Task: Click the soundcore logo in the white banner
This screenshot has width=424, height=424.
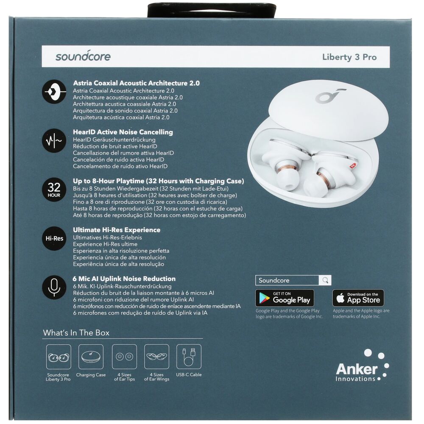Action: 83,56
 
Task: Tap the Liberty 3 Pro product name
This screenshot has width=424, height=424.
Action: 349,57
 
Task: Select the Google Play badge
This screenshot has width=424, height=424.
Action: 285,298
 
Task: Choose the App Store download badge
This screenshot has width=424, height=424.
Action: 358,298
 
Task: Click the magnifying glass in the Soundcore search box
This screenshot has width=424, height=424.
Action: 325,280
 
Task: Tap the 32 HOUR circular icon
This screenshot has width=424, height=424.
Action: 54,190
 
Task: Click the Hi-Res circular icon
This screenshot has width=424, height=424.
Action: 54,238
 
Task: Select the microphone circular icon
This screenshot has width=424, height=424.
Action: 54,287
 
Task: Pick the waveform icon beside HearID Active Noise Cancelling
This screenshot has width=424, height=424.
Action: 54,141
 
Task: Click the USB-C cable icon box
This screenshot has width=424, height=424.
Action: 189,357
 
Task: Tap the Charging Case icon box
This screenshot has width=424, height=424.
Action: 91,357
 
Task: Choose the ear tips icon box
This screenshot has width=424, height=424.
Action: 124,357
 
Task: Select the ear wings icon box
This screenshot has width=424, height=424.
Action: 156,357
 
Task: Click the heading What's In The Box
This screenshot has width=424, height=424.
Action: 76,332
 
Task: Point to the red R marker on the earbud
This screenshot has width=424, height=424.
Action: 352,166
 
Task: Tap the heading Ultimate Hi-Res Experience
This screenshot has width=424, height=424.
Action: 117,230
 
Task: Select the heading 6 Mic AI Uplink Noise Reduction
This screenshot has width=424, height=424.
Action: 124,279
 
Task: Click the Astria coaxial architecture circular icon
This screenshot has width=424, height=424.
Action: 54,92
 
